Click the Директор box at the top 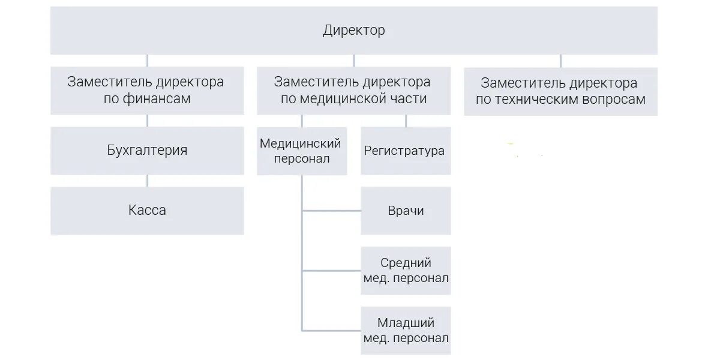pos(353,30)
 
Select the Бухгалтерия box pos(147,150)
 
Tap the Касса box pos(147,211)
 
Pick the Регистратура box pos(405,151)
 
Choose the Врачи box pos(406,211)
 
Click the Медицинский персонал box pos(301,151)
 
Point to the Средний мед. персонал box pos(406,271)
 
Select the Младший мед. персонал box pos(406,331)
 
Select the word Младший pos(406,323)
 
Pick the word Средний pos(406,263)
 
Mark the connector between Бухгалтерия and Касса pos(147,181)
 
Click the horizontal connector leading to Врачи pos(331,211)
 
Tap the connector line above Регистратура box pos(406,121)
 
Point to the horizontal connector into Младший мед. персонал pos(331,331)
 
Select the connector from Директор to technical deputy pos(560,61)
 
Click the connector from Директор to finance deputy pos(147,61)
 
